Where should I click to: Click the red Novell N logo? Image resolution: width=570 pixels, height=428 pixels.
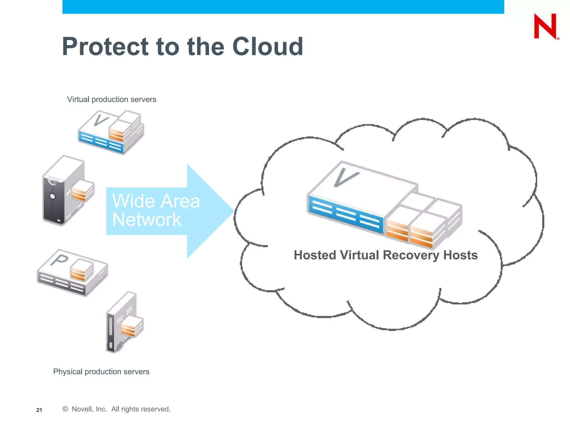coord(546,26)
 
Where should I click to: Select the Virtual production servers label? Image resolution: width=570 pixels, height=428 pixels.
coord(112,99)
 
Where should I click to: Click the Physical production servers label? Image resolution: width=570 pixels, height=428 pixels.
coord(101,372)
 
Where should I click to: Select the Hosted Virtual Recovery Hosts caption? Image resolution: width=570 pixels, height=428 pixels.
coord(385,255)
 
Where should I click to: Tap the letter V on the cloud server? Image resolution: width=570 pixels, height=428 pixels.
coord(345,177)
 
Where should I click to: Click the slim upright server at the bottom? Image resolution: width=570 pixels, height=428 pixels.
coord(117,323)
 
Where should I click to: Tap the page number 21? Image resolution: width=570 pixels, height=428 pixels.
coord(39,410)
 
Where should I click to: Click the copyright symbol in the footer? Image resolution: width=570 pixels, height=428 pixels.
coord(65,409)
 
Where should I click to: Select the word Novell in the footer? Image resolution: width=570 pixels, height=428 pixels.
coord(81,409)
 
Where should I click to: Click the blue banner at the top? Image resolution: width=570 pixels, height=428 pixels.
coord(283,7)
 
